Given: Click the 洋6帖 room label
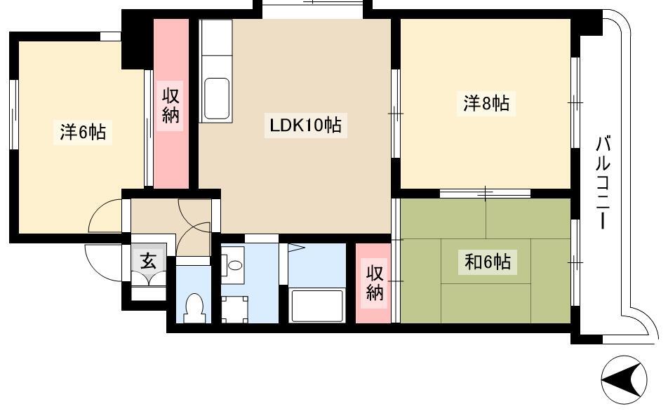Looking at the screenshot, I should pyautogui.click(x=83, y=132).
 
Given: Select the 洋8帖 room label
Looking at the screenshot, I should pyautogui.click(x=486, y=105).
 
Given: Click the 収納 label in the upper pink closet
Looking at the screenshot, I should pyautogui.click(x=171, y=105).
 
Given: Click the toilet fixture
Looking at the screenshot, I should pyautogui.click(x=193, y=306).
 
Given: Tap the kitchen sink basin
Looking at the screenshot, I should pyautogui.click(x=216, y=97).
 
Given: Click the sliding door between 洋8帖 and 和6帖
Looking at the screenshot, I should pyautogui.click(x=486, y=192).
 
